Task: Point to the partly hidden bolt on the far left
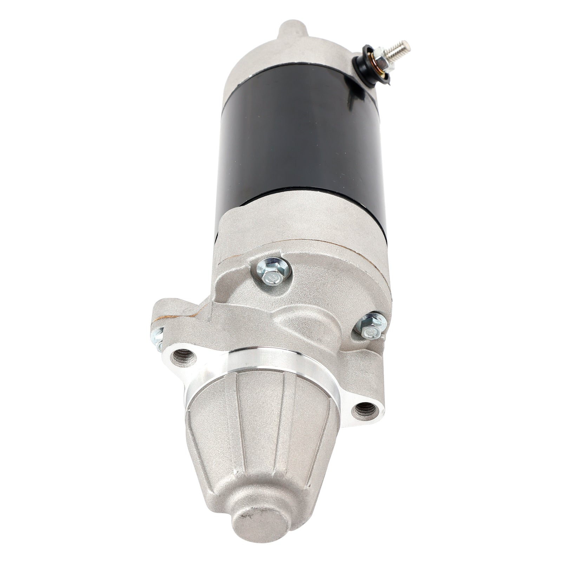coord(157,339)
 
